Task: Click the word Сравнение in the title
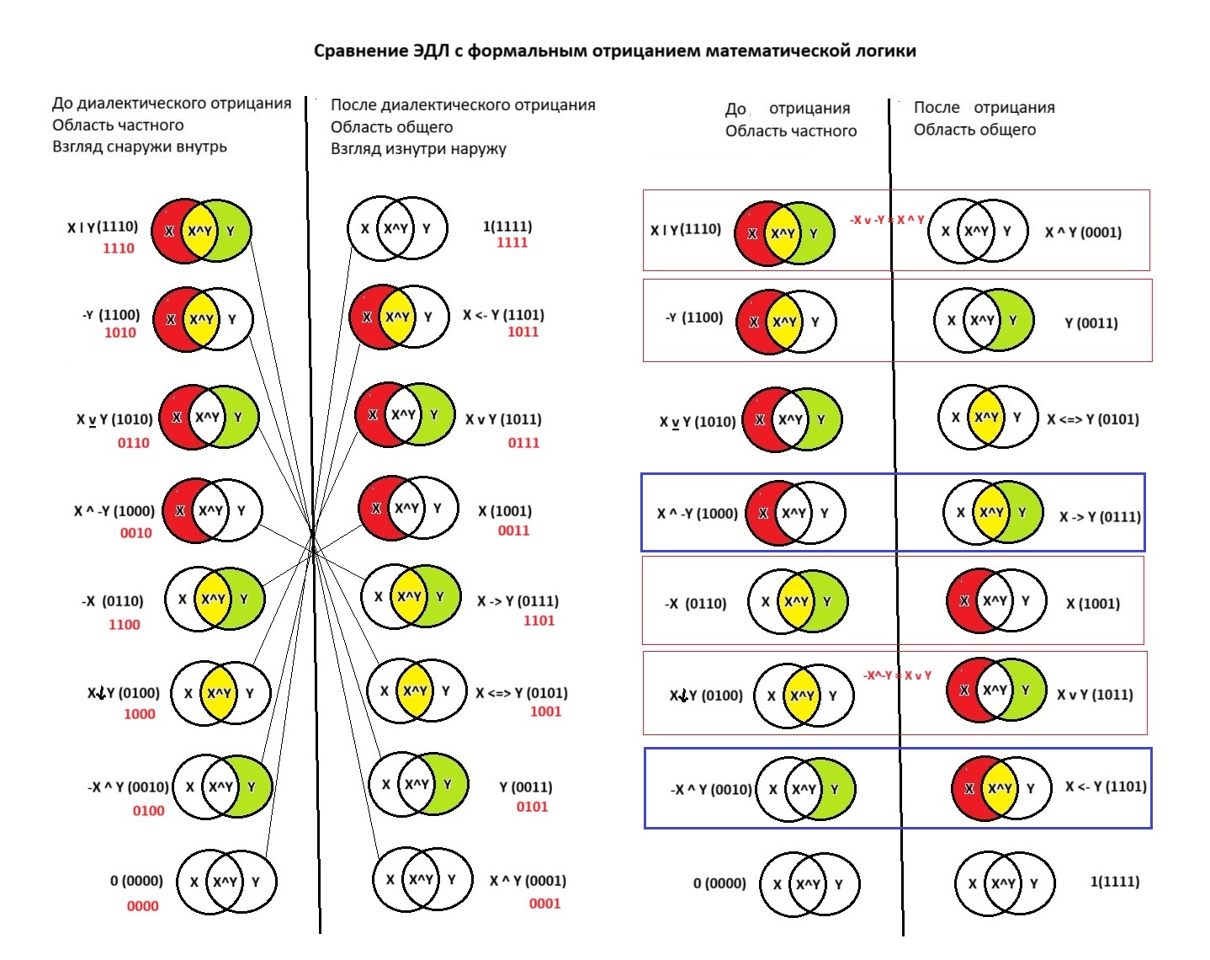tap(359, 51)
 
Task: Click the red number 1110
tap(119, 248)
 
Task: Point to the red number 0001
tap(544, 904)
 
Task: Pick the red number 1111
tap(512, 243)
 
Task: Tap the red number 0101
tap(532, 807)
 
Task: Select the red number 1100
tap(124, 625)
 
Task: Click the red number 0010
tap(135, 533)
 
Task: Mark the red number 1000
tap(139, 714)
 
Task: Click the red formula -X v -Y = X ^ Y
tap(887, 220)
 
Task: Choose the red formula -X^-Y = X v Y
tap(897, 675)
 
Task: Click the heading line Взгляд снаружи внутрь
tap(140, 147)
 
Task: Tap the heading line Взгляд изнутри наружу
tap(418, 149)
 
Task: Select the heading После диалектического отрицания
tap(463, 105)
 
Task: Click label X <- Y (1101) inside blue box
tap(1106, 787)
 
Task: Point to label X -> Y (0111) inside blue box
tap(1100, 517)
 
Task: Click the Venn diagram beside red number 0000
tap(225, 882)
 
